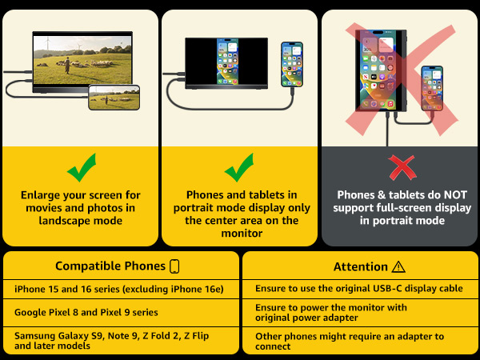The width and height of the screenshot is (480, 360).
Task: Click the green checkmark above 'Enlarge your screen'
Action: [x=81, y=169]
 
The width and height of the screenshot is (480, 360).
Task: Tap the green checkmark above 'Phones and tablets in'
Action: [x=238, y=169]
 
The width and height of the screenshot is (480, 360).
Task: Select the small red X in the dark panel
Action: [x=402, y=168]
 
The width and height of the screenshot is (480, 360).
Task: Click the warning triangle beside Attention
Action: [x=398, y=267]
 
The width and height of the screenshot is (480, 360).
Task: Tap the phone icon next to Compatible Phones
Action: [x=174, y=266]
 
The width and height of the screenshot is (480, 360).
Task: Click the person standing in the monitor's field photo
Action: [x=67, y=66]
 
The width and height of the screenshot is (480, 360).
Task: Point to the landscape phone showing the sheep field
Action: [x=114, y=98]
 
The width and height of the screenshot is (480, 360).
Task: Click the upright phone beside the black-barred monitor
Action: [x=292, y=65]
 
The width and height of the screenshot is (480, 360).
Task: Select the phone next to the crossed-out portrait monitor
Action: [x=432, y=88]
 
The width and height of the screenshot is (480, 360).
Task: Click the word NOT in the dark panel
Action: [x=455, y=195]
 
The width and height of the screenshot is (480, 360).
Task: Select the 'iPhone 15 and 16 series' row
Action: [x=118, y=289]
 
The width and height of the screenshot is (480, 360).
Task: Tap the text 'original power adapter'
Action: [x=306, y=318]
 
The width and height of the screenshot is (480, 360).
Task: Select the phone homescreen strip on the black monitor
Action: [x=227, y=62]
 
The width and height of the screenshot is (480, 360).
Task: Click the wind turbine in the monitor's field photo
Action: [x=47, y=44]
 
